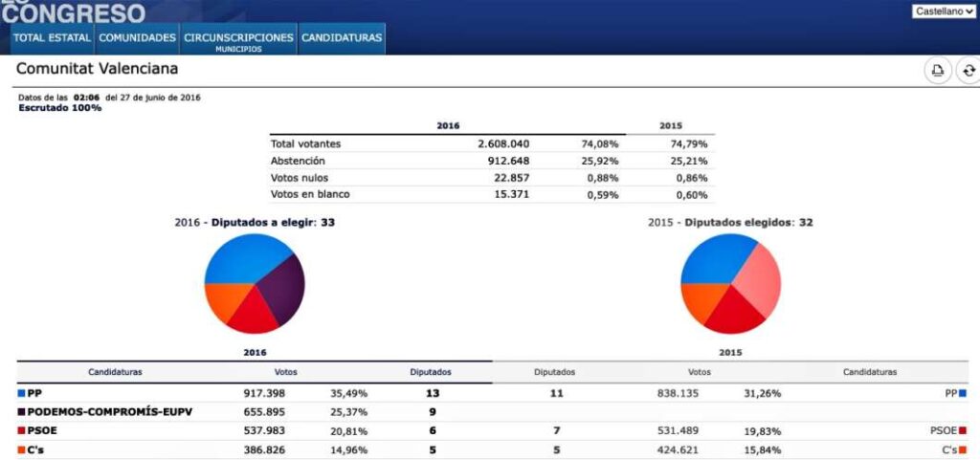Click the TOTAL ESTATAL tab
point(53,38)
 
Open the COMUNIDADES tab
point(138,38)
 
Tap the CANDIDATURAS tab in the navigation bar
point(342,38)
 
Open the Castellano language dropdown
point(944,11)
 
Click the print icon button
point(937,71)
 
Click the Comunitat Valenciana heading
point(97,69)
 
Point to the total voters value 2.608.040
point(503,143)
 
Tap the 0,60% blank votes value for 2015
point(691,195)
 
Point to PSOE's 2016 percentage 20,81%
point(349,431)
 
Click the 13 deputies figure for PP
point(433,393)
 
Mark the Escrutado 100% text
point(59,108)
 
